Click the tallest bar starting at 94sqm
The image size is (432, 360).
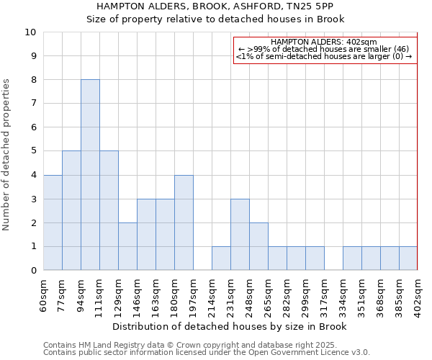tap(90, 175)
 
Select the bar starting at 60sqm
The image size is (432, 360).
tap(53, 222)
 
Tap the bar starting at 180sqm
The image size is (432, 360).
tap(184, 222)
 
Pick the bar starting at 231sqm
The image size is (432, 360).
tap(240, 235)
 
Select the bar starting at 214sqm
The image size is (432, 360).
tap(221, 258)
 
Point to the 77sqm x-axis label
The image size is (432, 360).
tap(63, 293)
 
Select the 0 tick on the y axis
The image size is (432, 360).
tap(33, 271)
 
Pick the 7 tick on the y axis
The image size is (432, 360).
tap(33, 104)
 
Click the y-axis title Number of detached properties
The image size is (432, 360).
tap(7, 156)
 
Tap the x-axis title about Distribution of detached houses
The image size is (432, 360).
tap(230, 327)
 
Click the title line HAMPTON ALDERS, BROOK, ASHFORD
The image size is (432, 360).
tap(215, 6)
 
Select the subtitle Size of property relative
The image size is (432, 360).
tap(215, 19)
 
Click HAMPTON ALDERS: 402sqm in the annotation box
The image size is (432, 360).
tap(324, 42)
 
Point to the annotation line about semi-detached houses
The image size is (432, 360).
tap(324, 56)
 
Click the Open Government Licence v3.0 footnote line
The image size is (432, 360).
tap(207, 353)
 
